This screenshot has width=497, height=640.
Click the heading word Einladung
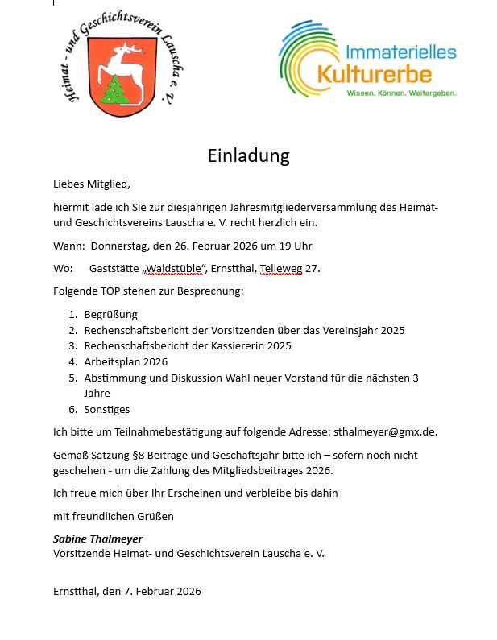point(248,155)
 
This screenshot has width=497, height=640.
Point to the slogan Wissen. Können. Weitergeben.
point(401,93)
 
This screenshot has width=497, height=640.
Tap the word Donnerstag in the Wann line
point(120,246)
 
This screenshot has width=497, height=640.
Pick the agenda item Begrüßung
point(110,314)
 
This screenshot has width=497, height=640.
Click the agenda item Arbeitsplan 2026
point(126,361)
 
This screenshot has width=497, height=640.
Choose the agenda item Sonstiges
point(106,409)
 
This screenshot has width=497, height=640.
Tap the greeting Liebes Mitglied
point(91,184)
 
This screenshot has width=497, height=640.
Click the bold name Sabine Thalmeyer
point(97,539)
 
